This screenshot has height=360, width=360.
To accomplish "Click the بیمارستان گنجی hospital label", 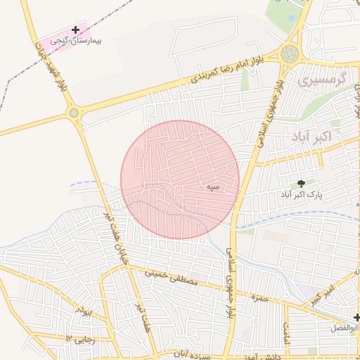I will (x=72, y=41).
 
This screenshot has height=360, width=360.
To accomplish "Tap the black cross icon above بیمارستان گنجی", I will (x=76, y=30).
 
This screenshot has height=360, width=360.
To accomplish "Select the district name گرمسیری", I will (x=323, y=81).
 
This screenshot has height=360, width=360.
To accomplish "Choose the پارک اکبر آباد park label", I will (x=303, y=193).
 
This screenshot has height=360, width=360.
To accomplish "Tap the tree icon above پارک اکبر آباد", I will (x=302, y=183).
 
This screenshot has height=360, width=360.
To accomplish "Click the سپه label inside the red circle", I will (x=213, y=187).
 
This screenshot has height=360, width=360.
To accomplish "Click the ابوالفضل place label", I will (x=344, y=328).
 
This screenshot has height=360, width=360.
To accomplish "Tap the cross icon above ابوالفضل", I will (x=356, y=318).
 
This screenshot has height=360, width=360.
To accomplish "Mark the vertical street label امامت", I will (x=287, y=331).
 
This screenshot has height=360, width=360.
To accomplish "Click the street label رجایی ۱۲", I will (x=79, y=339).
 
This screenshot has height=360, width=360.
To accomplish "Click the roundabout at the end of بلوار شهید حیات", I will (x=74, y=112).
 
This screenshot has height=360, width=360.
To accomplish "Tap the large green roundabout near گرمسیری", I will (x=289, y=53).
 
